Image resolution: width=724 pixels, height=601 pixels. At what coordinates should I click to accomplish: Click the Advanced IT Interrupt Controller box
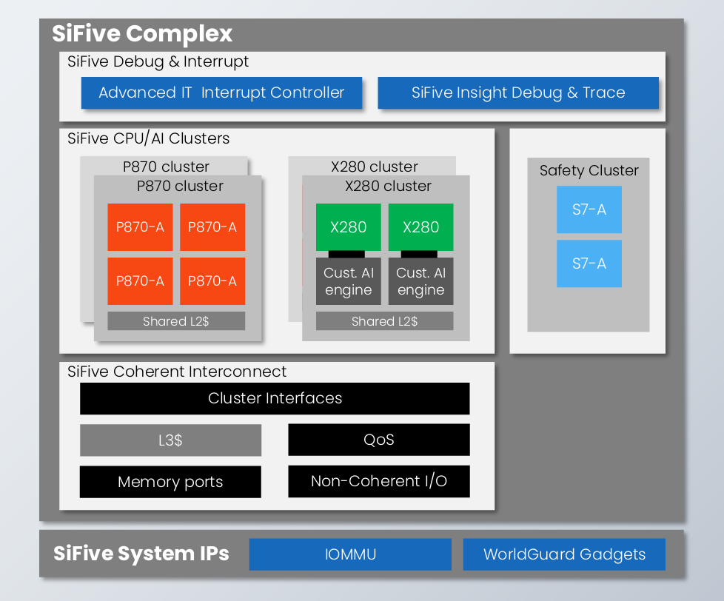click(x=221, y=93)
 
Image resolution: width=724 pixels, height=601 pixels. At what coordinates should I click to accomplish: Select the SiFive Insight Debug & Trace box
click(x=518, y=93)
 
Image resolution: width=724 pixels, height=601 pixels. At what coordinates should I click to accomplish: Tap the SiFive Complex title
click(x=142, y=34)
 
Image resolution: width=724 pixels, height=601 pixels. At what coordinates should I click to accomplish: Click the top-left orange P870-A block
click(x=140, y=227)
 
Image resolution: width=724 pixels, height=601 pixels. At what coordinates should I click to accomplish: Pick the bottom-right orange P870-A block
click(x=212, y=281)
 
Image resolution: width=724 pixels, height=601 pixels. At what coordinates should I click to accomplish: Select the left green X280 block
click(x=349, y=227)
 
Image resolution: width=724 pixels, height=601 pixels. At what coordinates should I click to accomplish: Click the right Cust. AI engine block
click(x=420, y=281)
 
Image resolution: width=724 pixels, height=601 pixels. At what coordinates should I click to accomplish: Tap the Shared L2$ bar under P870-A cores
click(x=176, y=320)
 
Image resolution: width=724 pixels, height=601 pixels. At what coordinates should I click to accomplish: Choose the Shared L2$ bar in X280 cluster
click(x=385, y=320)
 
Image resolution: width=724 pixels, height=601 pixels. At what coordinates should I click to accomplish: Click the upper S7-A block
click(x=589, y=209)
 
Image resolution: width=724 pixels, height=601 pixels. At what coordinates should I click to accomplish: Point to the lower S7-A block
click(x=589, y=263)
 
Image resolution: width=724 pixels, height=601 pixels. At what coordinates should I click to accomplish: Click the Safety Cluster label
click(x=589, y=170)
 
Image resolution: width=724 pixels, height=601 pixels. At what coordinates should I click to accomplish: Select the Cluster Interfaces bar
click(x=275, y=398)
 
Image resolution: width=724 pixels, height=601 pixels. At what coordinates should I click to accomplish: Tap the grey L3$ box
click(x=170, y=440)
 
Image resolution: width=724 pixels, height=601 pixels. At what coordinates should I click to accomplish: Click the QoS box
click(x=379, y=440)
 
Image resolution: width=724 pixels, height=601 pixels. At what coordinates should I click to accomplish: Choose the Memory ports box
click(x=170, y=482)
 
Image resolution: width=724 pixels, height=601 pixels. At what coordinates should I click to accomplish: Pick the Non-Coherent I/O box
click(x=379, y=481)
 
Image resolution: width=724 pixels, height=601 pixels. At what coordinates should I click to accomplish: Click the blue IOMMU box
click(x=350, y=554)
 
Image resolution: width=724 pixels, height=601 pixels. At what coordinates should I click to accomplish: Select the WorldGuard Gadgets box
click(x=564, y=554)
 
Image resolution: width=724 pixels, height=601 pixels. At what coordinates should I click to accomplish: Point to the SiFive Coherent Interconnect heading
click(x=177, y=372)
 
